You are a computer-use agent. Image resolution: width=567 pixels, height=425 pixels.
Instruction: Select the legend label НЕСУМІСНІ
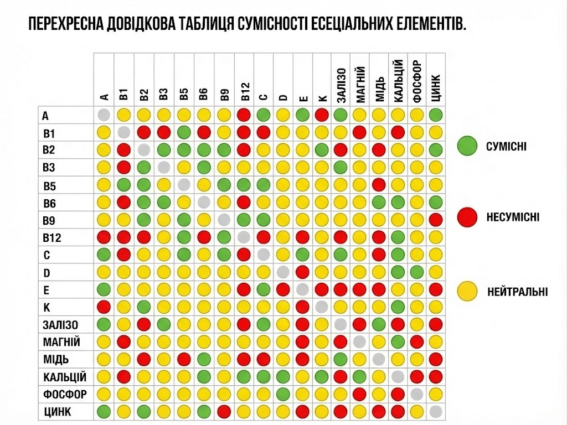[x=513, y=217]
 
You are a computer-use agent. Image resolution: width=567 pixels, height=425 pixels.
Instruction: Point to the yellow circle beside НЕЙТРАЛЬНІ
[x=467, y=290]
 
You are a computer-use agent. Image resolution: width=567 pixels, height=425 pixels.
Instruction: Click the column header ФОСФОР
[x=416, y=81]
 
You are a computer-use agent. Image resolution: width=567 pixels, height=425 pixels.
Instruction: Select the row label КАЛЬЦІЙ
[x=64, y=377]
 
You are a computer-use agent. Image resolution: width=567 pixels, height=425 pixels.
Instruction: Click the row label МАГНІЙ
[x=61, y=342]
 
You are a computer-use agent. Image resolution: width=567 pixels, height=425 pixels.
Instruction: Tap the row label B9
[x=49, y=220]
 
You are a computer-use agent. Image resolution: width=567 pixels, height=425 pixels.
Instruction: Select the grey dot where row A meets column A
[x=104, y=115]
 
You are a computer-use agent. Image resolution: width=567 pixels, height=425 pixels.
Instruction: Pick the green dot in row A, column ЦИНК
[x=436, y=115]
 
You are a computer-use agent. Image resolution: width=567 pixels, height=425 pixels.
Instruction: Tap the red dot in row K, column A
[x=104, y=307]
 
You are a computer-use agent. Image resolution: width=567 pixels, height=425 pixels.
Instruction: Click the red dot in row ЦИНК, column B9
[x=224, y=411]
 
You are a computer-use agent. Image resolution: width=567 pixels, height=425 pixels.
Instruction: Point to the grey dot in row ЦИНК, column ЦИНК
[x=436, y=411]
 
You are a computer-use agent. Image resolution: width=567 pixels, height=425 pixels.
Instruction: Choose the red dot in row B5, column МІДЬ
[x=379, y=185]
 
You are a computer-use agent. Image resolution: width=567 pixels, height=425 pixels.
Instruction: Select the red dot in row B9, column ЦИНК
[x=436, y=220]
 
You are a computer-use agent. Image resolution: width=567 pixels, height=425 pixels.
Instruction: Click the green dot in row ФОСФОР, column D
[x=283, y=394]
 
